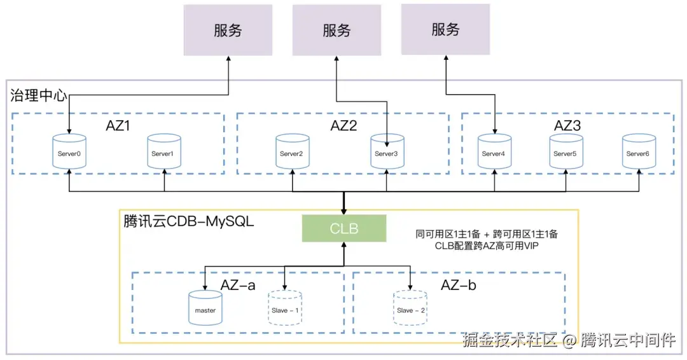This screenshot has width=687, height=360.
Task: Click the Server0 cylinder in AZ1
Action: click(69, 153)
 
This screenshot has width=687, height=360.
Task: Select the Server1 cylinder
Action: click(163, 153)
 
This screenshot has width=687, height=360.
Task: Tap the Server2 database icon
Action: click(293, 153)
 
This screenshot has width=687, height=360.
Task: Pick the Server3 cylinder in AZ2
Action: click(387, 153)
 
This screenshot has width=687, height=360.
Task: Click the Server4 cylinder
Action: click(494, 153)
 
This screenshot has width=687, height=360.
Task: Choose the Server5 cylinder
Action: click(566, 153)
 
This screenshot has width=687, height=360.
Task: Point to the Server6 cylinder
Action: click(639, 153)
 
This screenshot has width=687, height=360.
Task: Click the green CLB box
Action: click(343, 228)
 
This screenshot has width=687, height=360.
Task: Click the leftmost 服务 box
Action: click(228, 30)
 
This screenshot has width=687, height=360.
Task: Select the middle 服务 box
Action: click(337, 30)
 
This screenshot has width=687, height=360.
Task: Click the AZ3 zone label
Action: click(567, 125)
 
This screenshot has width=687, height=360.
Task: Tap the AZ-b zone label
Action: click(458, 284)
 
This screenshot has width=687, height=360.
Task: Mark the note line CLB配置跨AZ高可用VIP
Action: click(487, 246)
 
